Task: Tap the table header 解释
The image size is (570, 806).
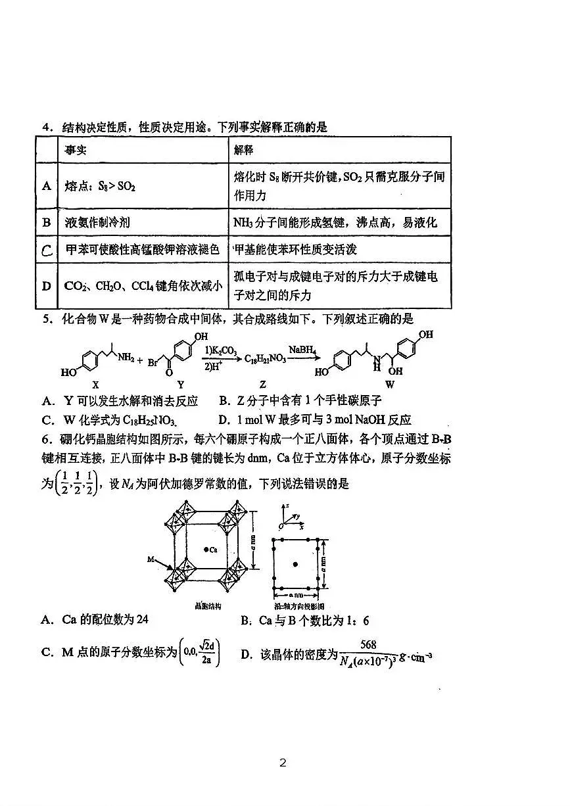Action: point(244,150)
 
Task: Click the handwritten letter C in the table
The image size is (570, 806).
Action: point(46,250)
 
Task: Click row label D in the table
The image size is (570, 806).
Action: point(46,285)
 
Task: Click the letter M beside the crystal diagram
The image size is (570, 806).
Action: point(151,559)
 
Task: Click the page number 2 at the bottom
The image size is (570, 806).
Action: point(283,763)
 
